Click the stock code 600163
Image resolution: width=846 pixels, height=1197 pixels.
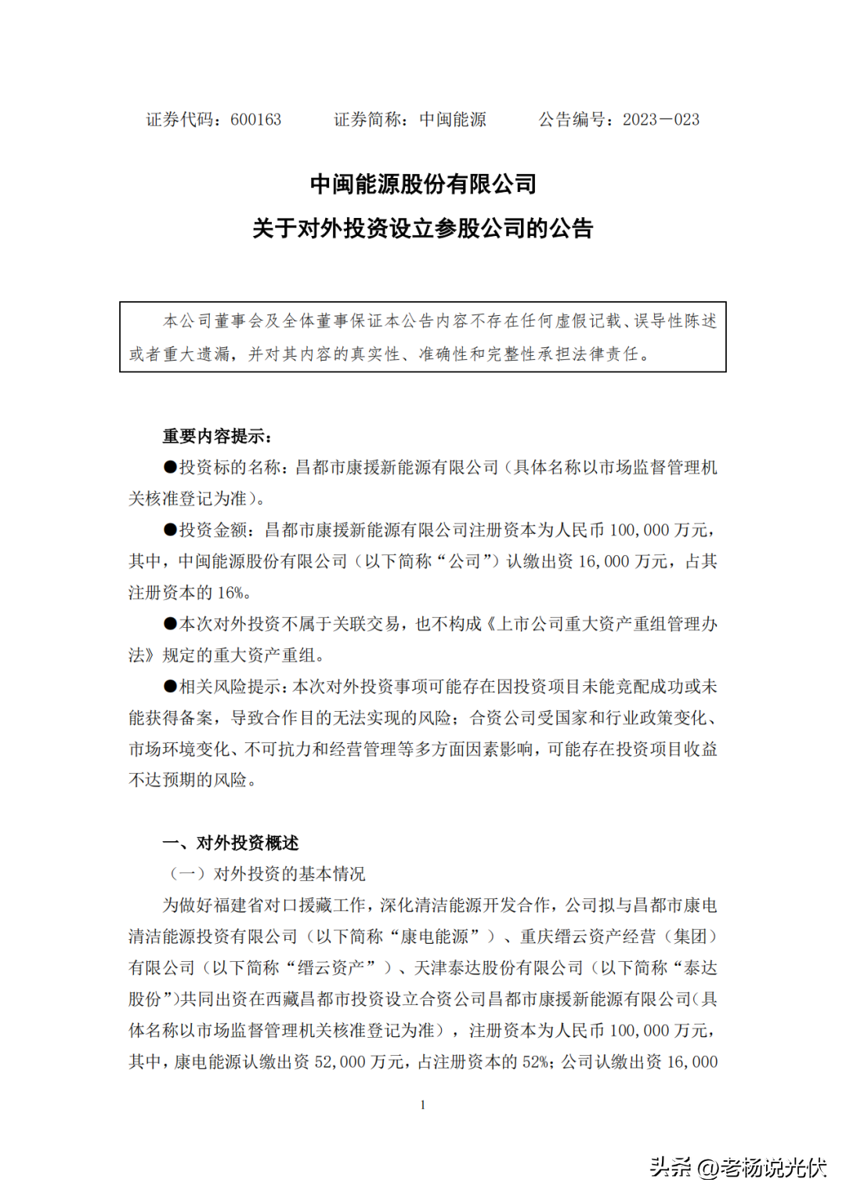tap(255, 120)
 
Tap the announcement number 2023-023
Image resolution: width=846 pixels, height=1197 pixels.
tap(660, 120)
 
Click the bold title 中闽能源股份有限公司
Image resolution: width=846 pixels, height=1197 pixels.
tap(423, 184)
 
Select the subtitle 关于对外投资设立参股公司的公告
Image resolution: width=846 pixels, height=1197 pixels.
tap(423, 229)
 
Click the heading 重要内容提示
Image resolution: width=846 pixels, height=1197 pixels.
tap(217, 437)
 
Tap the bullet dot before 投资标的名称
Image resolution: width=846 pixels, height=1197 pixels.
tap(170, 467)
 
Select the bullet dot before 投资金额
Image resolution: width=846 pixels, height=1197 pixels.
tap(170, 530)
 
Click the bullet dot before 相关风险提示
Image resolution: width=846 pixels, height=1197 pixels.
tap(170, 687)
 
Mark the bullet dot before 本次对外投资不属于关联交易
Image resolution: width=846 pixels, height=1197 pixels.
tap(170, 624)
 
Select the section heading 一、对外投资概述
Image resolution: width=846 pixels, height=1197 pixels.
tap(230, 843)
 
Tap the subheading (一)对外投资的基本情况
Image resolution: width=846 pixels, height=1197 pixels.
tap(267, 874)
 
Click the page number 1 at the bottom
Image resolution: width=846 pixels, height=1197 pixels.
tap(423, 1105)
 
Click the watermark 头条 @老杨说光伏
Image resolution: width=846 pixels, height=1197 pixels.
tap(738, 1167)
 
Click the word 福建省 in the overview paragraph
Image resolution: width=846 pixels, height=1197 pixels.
tap(238, 905)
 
